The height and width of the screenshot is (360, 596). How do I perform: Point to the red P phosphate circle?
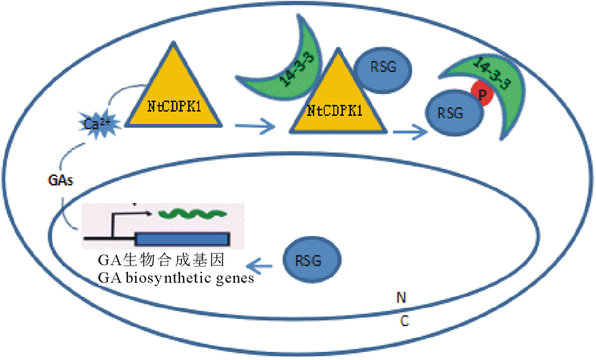pyautogui.click(x=481, y=96)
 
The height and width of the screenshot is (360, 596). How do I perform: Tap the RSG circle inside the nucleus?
pyautogui.click(x=313, y=260)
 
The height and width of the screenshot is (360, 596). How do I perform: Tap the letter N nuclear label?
pyautogui.click(x=401, y=297)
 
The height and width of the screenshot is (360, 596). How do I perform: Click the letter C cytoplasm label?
pyautogui.click(x=405, y=321)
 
